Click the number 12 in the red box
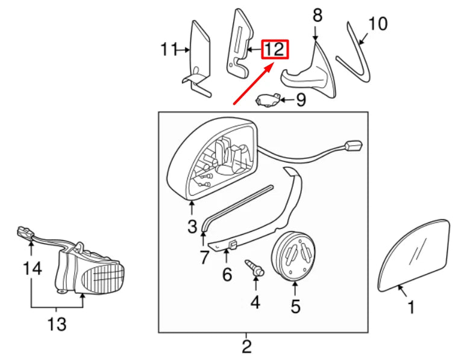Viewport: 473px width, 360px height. tap(275, 49)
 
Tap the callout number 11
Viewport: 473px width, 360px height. tap(169, 49)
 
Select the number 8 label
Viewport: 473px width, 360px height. tap(318, 15)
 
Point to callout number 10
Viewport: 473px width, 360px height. tap(378, 23)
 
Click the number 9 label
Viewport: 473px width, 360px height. tap(301, 100)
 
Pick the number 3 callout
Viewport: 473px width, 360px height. tap(192, 227)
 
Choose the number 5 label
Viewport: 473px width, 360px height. tap(295, 306)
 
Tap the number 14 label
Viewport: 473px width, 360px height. tap(33, 268)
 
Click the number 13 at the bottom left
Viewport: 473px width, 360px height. tap(57, 324)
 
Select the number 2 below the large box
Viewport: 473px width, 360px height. tap(246, 346)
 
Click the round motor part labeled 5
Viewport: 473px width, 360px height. tap(291, 256)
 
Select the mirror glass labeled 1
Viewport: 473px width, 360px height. tap(414, 255)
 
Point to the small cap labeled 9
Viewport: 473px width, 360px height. tap(268, 100)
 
